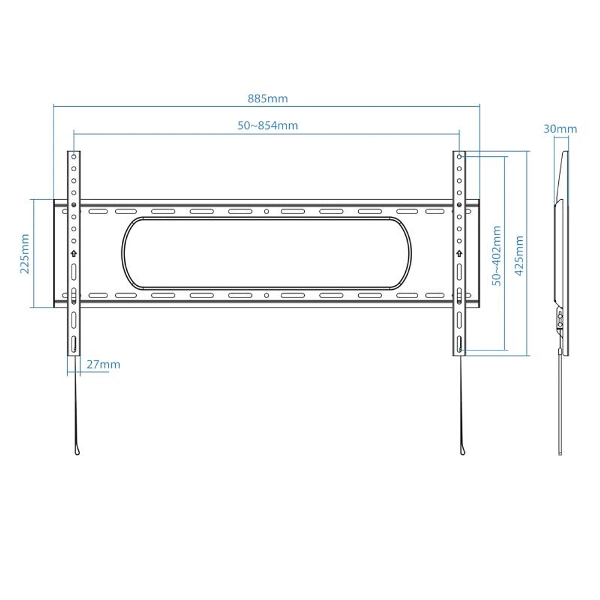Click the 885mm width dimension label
tap(267, 99)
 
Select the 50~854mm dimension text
tap(267, 126)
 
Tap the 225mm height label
tap(24, 254)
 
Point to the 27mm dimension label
tap(103, 365)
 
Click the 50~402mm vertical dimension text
tap(497, 255)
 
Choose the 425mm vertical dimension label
tap(519, 255)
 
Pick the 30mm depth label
tap(560, 130)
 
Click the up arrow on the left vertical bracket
tap(73, 254)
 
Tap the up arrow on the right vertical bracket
tap(459, 254)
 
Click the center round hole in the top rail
tap(266, 211)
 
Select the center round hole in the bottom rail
tap(266, 295)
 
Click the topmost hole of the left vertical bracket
tap(73, 157)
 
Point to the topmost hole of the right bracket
tap(459, 157)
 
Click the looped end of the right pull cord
tap(462, 449)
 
